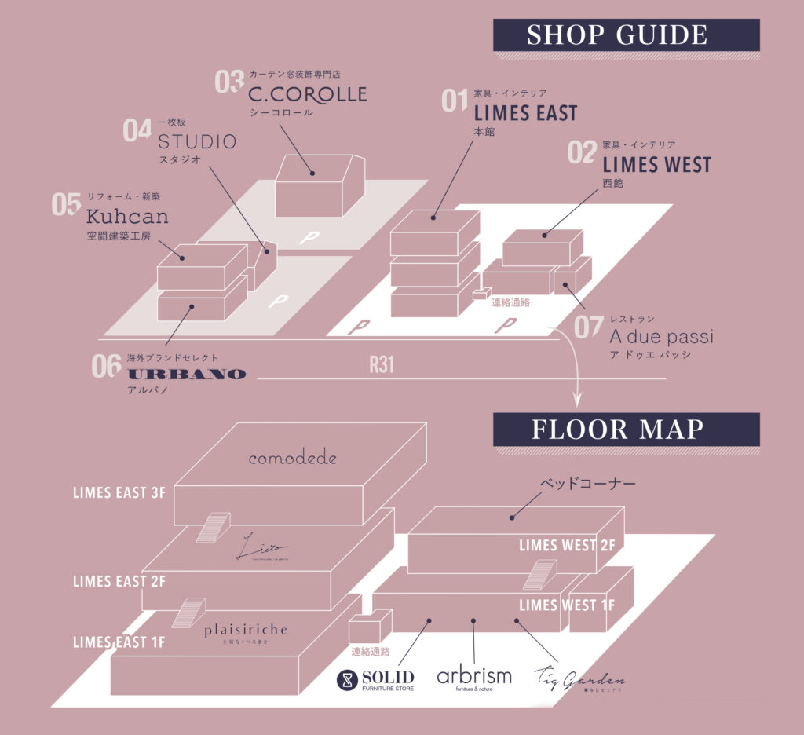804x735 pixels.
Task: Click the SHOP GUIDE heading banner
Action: pos(625,35)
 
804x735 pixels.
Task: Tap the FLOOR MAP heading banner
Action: pos(625,430)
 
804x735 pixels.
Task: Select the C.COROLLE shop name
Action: pos(307,95)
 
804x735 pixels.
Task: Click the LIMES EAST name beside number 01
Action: pos(525,114)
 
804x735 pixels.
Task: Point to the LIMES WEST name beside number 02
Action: pos(656,165)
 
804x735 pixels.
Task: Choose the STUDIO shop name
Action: pos(197,142)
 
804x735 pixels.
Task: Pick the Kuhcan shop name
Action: pos(127,215)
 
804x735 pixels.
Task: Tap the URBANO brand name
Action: pos(187,374)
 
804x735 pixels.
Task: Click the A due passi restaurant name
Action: pos(661,337)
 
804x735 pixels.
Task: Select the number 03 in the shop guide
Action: pos(229,83)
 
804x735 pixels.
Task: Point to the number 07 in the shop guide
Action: pos(588,327)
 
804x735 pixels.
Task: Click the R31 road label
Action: pos(382,365)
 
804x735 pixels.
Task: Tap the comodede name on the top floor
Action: pos(292,458)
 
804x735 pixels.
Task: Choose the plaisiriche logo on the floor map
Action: pos(246,631)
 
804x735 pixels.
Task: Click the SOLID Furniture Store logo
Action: pos(375,679)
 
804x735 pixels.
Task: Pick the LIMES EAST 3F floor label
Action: pos(120,493)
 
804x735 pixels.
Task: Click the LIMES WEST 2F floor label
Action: pos(567,545)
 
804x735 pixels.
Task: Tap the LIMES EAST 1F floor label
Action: pos(119,642)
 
